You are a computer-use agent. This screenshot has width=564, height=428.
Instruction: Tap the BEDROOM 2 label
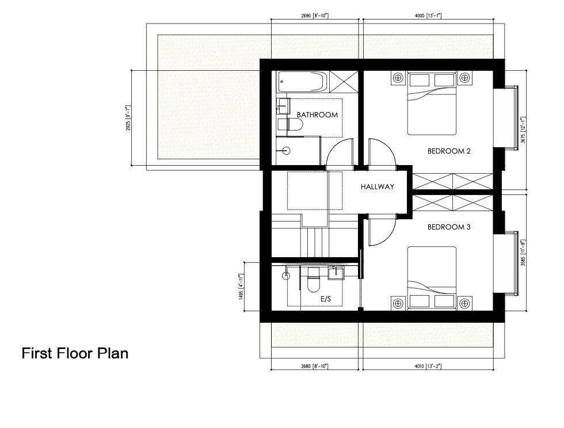click(449, 151)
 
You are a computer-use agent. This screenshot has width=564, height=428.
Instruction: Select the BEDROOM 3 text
click(449, 227)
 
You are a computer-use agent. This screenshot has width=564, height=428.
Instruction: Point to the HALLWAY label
click(378, 187)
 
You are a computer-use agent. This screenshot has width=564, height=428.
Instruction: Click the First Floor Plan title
click(75, 353)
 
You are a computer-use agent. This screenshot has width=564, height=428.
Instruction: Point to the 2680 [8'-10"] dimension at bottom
click(314, 366)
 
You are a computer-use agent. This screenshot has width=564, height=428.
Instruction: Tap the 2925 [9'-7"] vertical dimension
click(128, 118)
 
